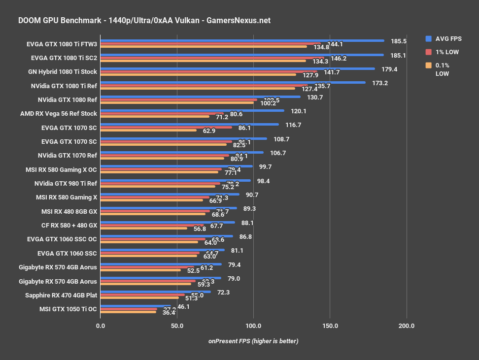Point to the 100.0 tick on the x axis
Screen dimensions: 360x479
(253, 326)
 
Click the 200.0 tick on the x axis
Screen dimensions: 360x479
(407, 326)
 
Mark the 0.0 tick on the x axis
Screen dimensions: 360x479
(101, 326)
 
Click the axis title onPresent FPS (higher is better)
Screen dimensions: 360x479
(253, 341)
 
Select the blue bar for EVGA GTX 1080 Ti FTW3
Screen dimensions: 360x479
(242, 40)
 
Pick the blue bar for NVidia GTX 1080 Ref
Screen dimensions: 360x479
(200, 97)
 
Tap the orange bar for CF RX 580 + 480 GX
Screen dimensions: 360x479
(143, 228)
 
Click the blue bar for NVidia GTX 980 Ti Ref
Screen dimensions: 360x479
(175, 180)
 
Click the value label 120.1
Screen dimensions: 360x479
(298, 111)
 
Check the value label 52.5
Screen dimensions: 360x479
(190, 270)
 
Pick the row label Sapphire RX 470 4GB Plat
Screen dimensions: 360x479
(61, 295)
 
